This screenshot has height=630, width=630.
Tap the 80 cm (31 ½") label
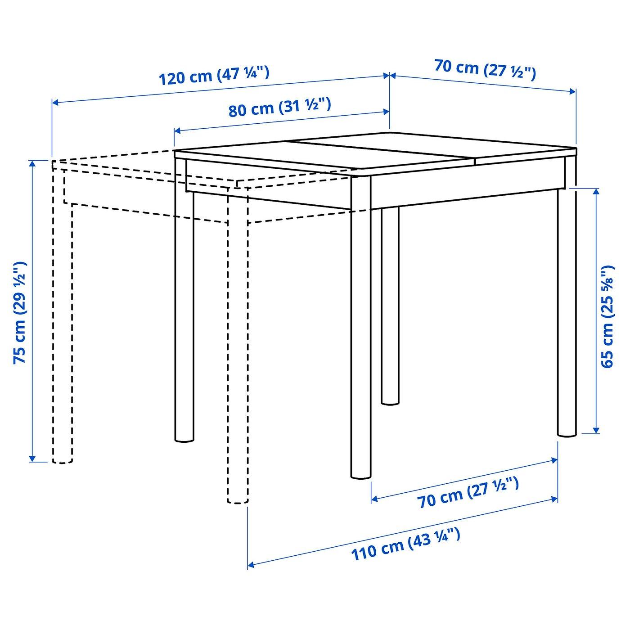coord(280,107)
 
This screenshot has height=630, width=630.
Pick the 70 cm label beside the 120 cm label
coord(485,70)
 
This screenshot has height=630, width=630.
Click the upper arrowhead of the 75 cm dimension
coord(31,163)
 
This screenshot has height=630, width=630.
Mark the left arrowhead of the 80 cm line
coord(177,131)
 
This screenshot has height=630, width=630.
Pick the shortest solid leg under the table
coord(390,306)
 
